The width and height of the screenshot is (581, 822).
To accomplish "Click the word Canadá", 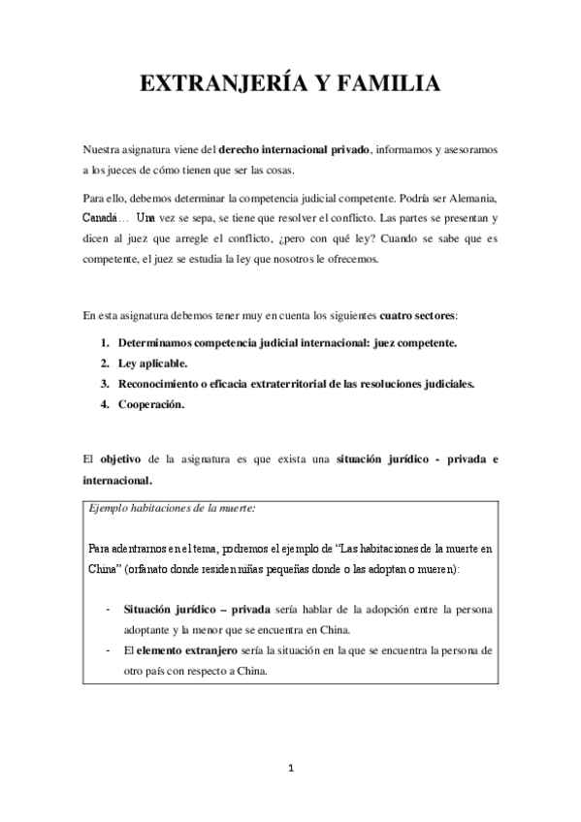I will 100,218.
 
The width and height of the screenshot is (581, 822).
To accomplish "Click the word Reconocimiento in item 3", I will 163,384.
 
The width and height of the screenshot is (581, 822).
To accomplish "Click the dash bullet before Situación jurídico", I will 106,610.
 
